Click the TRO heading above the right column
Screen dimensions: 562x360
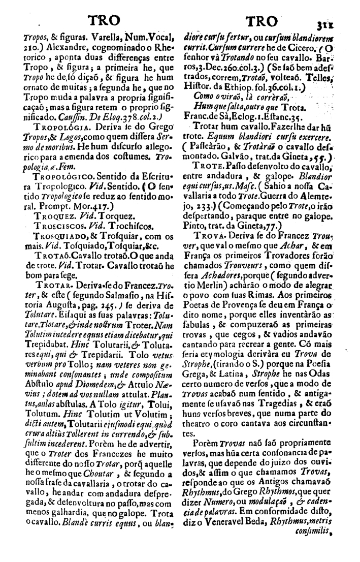tap(261, 21)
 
